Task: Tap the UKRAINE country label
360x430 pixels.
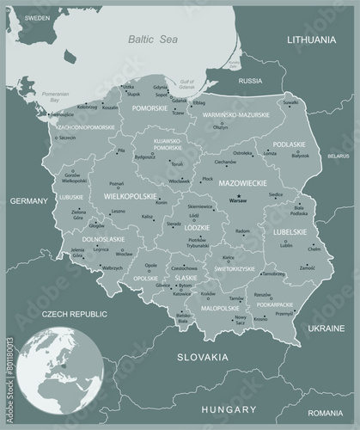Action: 327,329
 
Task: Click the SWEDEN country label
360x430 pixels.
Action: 38,17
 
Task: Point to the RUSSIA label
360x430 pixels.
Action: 249,81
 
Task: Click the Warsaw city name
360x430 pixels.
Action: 237,200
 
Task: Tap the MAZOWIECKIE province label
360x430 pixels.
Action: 243,183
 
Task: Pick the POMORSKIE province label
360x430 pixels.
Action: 149,109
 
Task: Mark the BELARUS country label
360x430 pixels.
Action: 339,157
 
